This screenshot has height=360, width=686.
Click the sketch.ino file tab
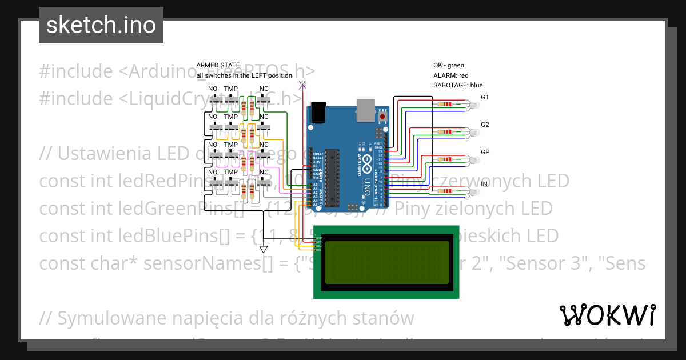click(x=101, y=25)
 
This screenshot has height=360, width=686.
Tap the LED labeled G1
click(x=474, y=105)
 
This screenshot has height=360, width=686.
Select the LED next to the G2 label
click(x=474, y=132)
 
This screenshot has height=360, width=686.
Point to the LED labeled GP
click(x=474, y=159)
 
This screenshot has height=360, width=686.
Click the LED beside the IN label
click(x=474, y=191)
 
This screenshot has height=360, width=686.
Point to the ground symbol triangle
click(x=264, y=249)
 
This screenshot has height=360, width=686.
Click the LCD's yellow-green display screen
click(x=386, y=262)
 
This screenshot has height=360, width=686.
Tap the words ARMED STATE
click(x=218, y=65)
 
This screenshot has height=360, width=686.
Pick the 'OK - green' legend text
click(x=449, y=65)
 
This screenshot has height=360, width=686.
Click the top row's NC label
click(x=264, y=89)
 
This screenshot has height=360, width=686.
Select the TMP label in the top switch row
click(x=231, y=89)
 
